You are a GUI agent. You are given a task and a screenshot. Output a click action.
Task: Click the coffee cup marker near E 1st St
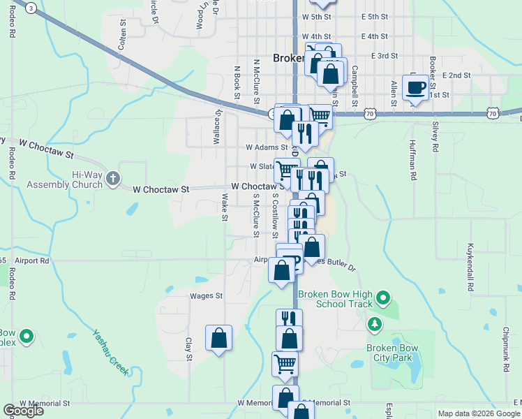[415, 88]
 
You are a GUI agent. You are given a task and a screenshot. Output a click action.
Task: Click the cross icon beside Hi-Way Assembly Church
[113, 179]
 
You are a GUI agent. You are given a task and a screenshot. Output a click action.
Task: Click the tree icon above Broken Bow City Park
[375, 324]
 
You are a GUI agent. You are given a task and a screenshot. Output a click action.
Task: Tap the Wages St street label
[206, 296]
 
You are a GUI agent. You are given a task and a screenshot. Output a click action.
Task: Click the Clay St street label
[189, 349]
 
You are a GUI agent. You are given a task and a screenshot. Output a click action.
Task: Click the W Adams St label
[267, 147]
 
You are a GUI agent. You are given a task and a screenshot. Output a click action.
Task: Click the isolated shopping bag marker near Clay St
[219, 339]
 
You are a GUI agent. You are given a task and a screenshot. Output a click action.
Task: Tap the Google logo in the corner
[23, 411]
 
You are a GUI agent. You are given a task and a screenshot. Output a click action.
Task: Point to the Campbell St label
[355, 81]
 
